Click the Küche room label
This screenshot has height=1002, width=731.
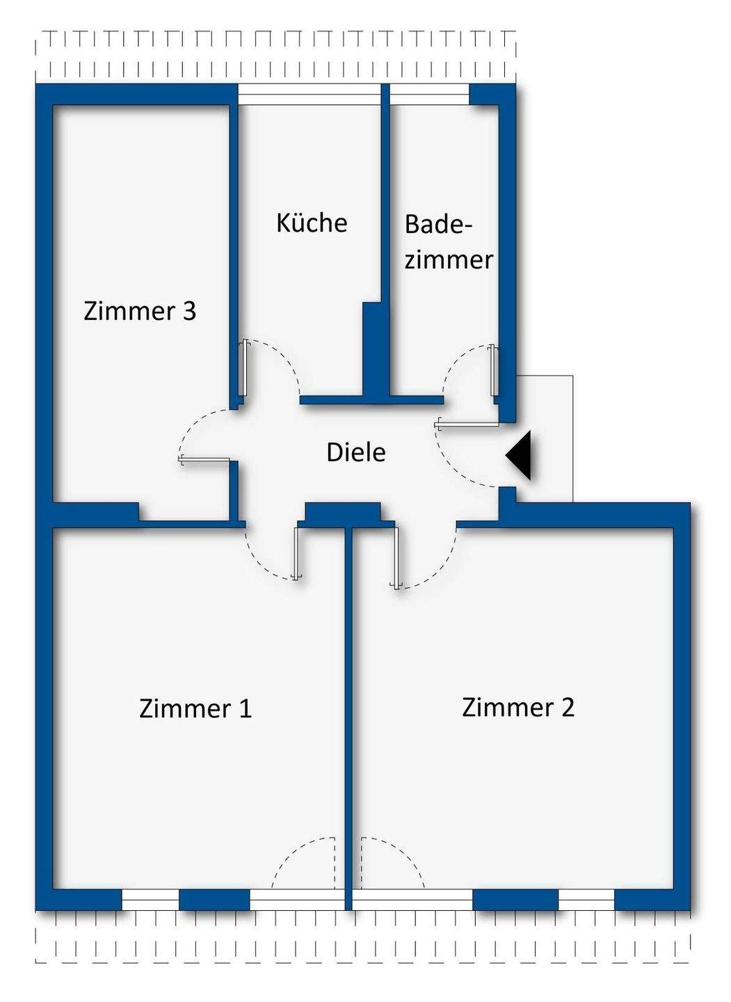pyautogui.click(x=312, y=223)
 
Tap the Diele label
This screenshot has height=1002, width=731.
pyautogui.click(x=356, y=452)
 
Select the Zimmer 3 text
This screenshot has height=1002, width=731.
pyautogui.click(x=140, y=311)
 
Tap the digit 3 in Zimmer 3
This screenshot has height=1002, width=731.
pyautogui.click(x=190, y=311)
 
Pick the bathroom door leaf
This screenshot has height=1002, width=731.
pyautogui.click(x=494, y=370)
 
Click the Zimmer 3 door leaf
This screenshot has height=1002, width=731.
pyautogui.click(x=204, y=460)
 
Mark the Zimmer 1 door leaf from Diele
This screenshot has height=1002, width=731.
pyautogui.click(x=297, y=553)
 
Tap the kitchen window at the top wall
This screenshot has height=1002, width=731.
pyautogui.click(x=309, y=95)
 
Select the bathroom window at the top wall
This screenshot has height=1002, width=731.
pyautogui.click(x=429, y=95)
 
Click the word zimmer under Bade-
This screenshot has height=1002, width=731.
pyautogui.click(x=449, y=260)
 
